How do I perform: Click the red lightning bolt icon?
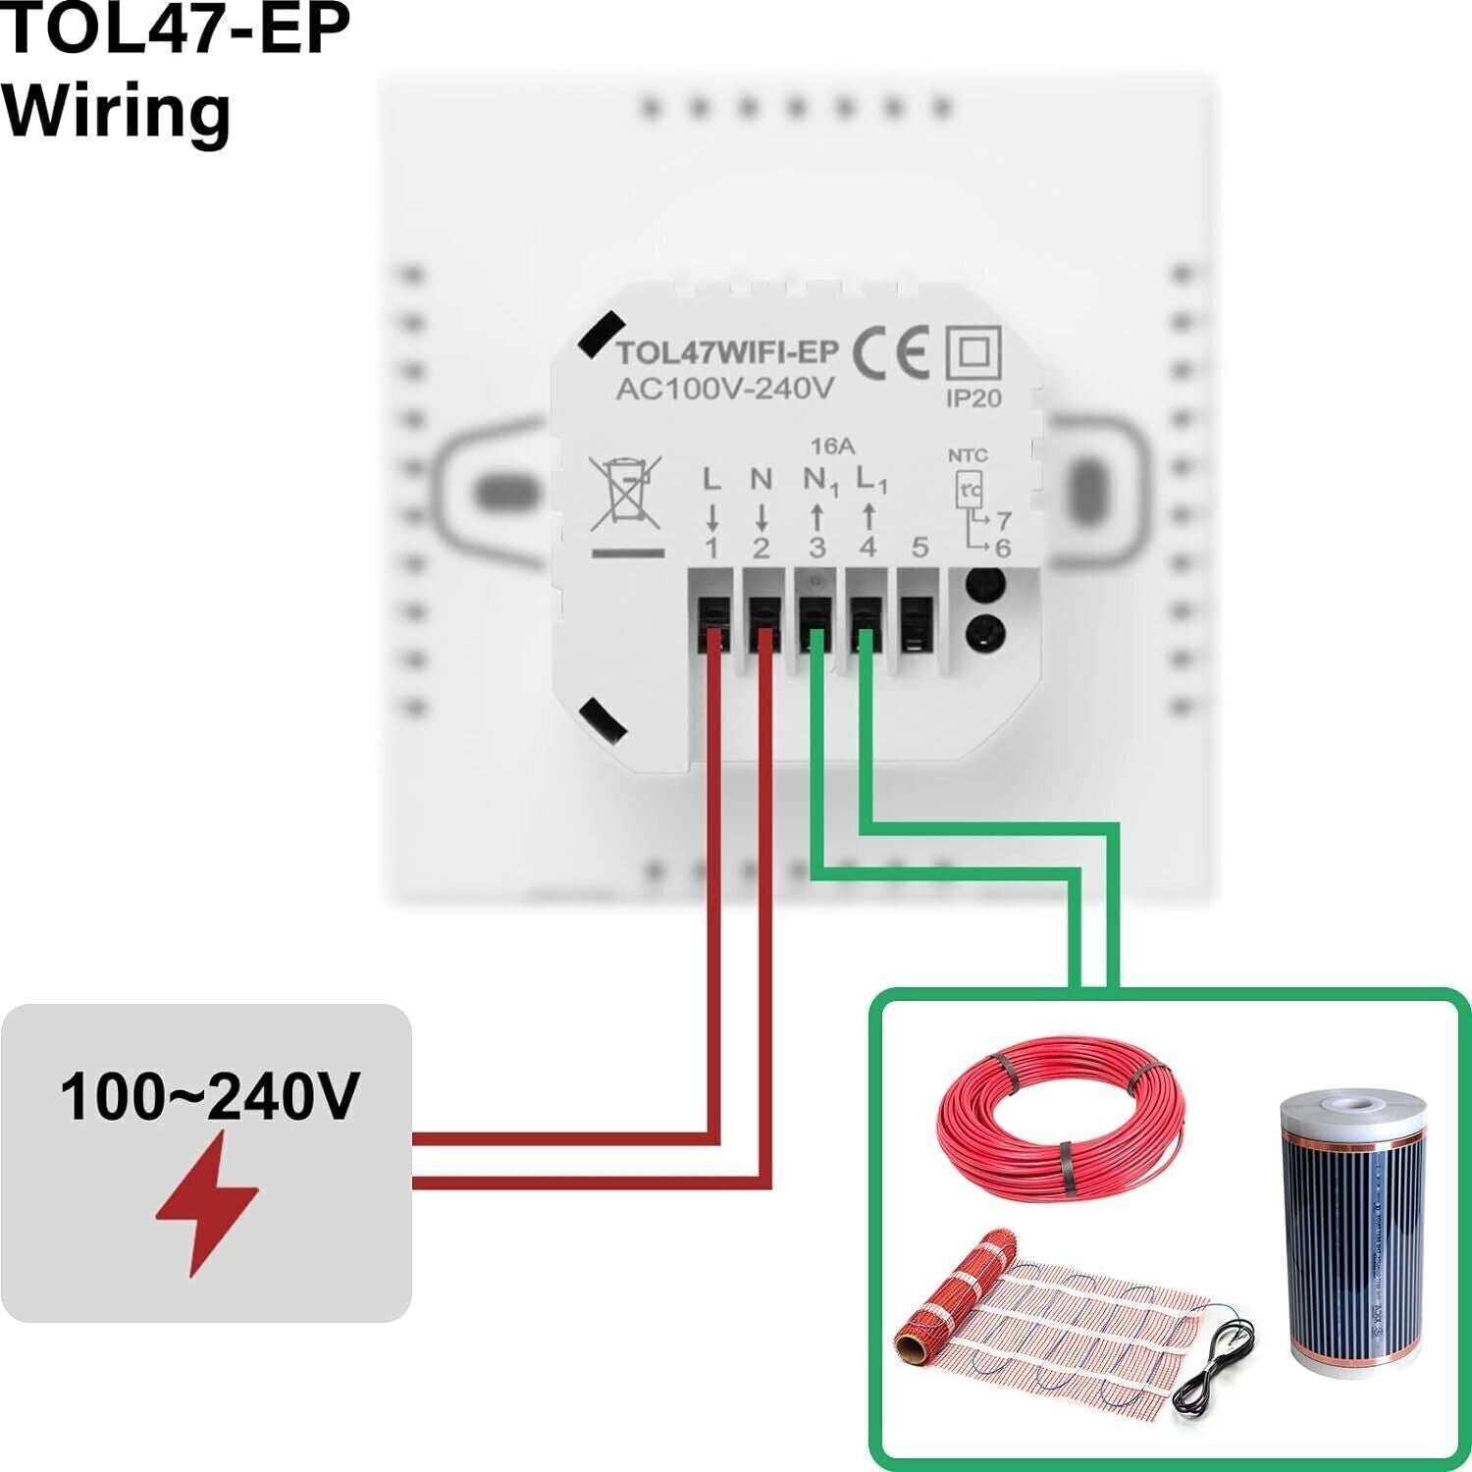click(x=207, y=1202)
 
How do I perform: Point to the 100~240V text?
click(x=209, y=1096)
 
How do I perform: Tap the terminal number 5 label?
click(x=920, y=547)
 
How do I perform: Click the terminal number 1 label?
click(x=712, y=548)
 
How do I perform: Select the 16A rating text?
click(x=831, y=447)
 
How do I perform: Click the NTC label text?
click(x=968, y=455)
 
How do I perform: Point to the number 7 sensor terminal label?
click(x=1003, y=520)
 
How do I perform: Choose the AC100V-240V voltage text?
click(x=724, y=389)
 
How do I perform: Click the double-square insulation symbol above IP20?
click(x=973, y=354)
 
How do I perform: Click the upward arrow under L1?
click(x=868, y=516)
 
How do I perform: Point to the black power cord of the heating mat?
click(x=1217, y=1364)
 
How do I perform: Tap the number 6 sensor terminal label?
click(x=1002, y=548)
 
